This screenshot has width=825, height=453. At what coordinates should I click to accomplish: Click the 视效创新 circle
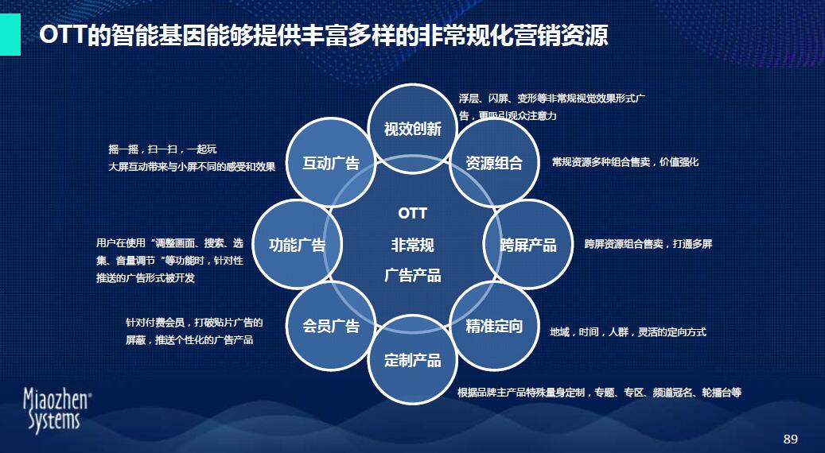[412, 129]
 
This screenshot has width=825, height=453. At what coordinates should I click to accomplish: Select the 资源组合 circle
[494, 162]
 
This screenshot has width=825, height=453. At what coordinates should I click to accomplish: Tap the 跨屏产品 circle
[527, 244]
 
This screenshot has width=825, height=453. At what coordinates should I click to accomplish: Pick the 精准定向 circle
[494, 327]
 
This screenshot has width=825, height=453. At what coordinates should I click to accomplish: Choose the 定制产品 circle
[412, 360]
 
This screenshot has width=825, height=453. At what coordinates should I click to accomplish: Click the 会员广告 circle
[331, 327]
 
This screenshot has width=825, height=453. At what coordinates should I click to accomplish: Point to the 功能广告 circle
[298, 244]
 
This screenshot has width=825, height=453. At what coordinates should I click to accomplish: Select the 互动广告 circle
[331, 162]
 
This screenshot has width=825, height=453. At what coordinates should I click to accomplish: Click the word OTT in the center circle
[412, 214]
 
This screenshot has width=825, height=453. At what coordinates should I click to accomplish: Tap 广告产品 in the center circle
[412, 275]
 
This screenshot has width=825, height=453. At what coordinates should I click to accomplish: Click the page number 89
[791, 439]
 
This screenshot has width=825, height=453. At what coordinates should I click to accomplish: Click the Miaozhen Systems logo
[57, 411]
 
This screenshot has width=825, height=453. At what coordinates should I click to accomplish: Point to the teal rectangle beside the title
[10, 35]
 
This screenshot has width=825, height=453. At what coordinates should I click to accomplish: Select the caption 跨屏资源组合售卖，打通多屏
[648, 244]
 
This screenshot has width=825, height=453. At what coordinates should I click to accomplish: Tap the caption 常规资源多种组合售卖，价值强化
[625, 162]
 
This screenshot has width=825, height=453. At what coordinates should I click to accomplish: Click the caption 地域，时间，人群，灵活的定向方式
[628, 332]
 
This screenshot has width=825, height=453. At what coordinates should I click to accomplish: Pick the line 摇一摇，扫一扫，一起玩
[162, 149]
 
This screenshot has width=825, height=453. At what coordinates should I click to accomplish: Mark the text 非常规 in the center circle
[412, 245]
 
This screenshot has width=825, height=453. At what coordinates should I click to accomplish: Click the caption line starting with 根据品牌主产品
[599, 393]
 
